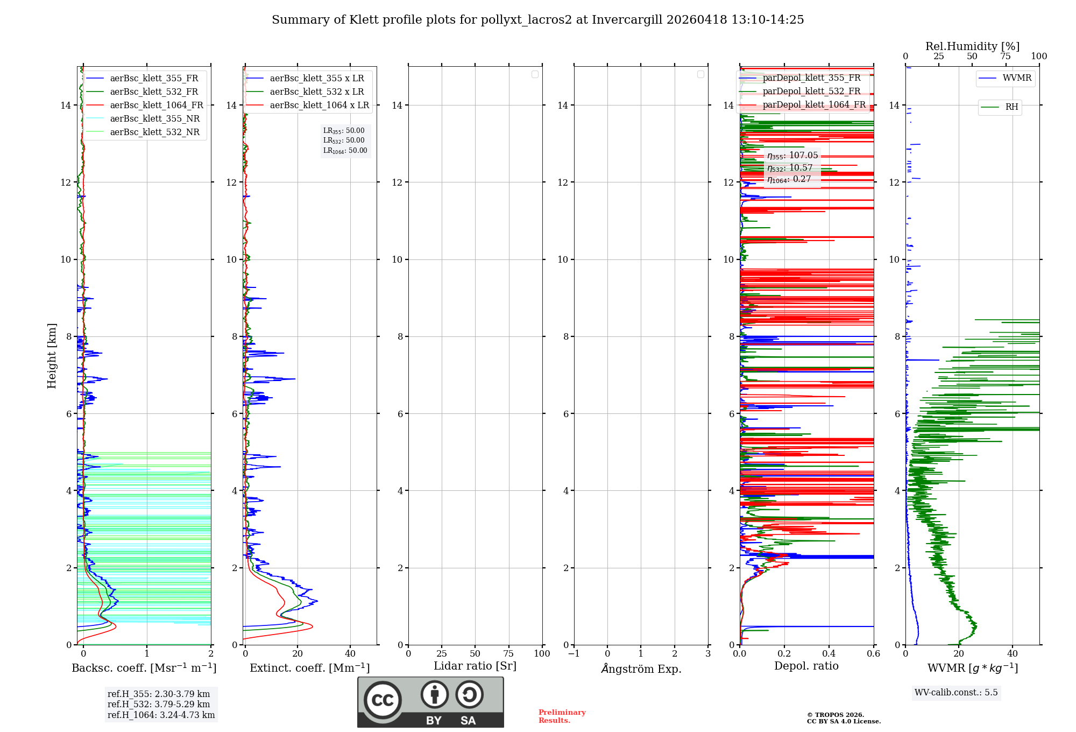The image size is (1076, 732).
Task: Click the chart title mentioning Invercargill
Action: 537,20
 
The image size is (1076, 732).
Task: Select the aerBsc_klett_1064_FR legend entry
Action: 157,105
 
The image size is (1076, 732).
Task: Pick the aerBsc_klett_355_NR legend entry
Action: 154,119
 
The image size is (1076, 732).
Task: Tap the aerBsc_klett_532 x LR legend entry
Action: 316,92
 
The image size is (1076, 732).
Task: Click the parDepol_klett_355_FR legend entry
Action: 811,78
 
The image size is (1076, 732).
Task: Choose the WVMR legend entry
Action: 1017,78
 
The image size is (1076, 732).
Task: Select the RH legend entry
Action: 1011,107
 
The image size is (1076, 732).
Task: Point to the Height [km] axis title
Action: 52,356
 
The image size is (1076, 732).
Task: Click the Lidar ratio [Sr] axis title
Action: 475,666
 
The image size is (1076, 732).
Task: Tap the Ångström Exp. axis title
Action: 641,669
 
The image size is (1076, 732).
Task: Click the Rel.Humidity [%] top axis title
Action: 972,46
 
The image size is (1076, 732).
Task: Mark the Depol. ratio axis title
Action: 806,666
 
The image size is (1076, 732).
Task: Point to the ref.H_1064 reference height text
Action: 161,715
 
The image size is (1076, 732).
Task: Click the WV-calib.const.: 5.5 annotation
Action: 956,693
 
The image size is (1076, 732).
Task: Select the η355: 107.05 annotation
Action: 792,156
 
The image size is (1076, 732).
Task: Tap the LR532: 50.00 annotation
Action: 344,140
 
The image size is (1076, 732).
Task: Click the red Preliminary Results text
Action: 562,716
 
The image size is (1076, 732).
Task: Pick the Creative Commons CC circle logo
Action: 383,700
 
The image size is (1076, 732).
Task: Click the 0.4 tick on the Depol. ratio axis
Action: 829,654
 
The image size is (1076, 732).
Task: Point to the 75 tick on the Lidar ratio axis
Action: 508,654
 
